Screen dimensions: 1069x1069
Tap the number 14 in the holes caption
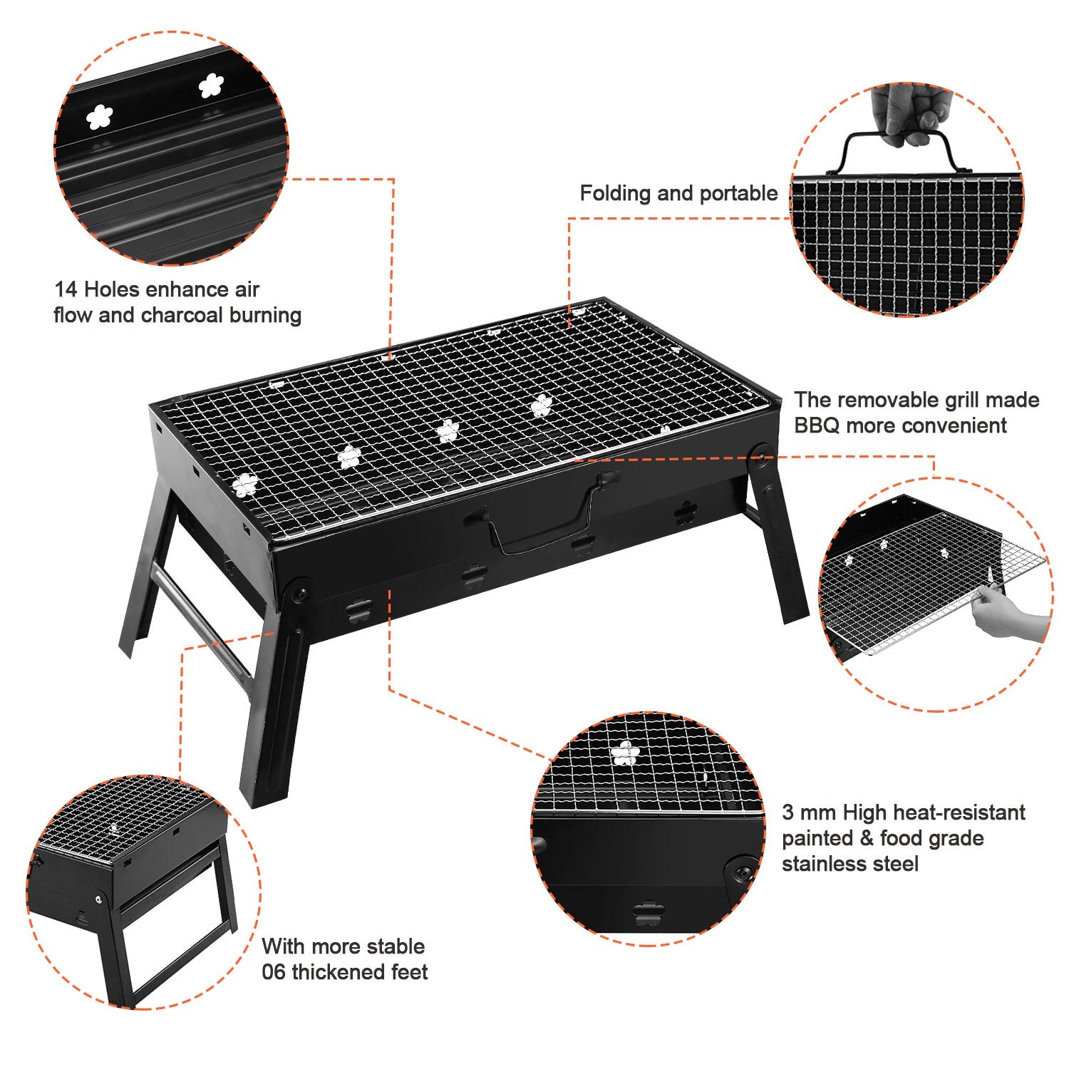pos(66,289)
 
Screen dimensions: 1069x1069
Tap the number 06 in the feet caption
pos(274,972)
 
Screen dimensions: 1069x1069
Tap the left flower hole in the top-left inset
pos(100,117)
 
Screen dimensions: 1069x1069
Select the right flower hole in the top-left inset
pos(211,86)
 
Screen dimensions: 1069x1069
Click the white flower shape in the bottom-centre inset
pos(625,753)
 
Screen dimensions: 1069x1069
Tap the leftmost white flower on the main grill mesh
pos(244,485)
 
